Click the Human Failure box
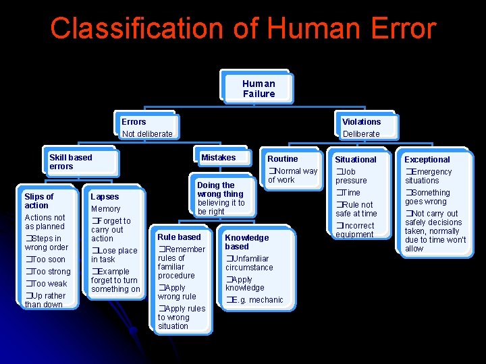[259, 89]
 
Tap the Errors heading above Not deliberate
[134, 122]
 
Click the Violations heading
[361, 122]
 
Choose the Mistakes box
[218, 158]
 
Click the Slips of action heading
[39, 201]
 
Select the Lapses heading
[105, 197]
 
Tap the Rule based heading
[179, 237]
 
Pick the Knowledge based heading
[246, 242]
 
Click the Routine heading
[282, 159]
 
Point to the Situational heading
[356, 160]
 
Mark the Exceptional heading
[427, 160]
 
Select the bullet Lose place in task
[114, 255]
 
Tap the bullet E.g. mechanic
[255, 300]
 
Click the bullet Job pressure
[352, 176]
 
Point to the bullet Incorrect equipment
[355, 230]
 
